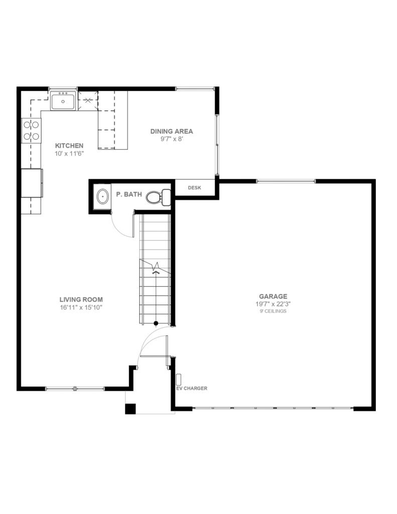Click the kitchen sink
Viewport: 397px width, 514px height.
63,100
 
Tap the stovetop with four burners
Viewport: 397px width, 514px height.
32,131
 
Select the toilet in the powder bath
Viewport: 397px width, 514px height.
158,197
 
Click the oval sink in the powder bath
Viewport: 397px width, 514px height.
103,197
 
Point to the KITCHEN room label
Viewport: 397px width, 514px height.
69,146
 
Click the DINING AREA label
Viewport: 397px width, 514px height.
172,131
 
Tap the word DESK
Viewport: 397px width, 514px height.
194,188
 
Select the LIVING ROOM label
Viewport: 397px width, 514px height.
81,299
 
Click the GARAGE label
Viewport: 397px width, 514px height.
273,296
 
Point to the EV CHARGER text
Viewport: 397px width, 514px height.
192,388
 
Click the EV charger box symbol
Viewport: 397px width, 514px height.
179,379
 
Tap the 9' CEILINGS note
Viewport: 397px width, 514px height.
273,311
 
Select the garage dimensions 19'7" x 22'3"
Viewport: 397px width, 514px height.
273,304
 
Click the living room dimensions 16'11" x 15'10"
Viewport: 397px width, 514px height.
81,308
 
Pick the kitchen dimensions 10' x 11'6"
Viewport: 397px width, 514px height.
69,154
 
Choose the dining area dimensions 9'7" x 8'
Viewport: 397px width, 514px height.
172,139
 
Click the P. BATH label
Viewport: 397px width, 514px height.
129,194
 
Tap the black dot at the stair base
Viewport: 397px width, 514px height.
156,324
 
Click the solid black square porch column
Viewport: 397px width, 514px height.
130,409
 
